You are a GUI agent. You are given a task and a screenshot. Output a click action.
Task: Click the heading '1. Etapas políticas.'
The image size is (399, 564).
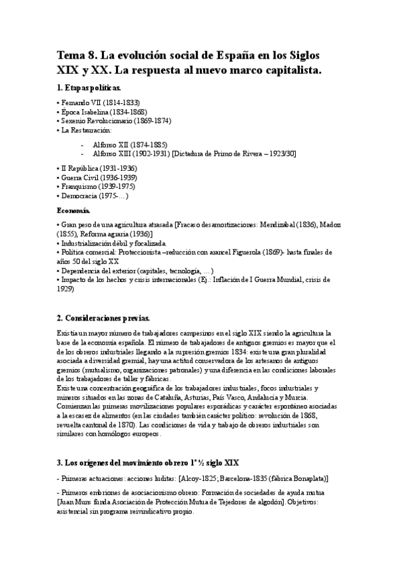89,88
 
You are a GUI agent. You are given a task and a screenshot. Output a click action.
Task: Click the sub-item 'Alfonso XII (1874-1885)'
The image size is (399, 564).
131,144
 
